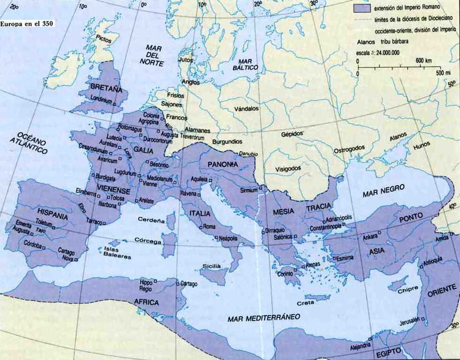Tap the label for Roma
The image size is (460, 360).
point(209,227)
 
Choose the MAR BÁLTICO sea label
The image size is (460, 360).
point(248,65)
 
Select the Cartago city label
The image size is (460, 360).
point(189,284)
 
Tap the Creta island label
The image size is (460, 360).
point(306,303)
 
